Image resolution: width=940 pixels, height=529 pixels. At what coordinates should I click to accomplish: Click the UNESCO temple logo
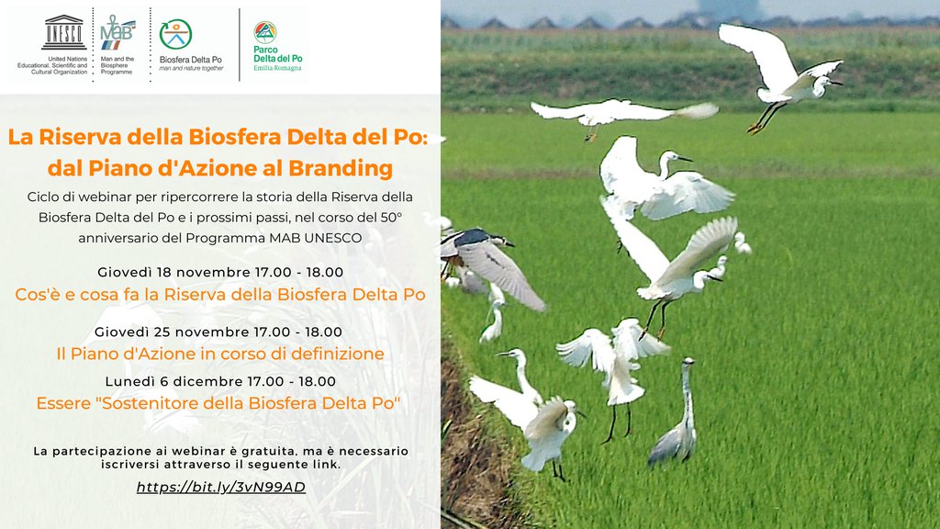tap(63, 32)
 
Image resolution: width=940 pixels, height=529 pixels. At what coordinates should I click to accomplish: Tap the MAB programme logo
tap(117, 32)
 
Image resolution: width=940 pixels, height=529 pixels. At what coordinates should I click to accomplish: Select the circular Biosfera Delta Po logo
tap(175, 34)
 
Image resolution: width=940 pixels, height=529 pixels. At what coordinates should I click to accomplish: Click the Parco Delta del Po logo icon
tap(264, 32)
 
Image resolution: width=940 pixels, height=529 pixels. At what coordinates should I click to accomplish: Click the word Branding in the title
tap(341, 169)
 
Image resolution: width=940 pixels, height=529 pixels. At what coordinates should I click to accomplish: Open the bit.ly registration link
tap(220, 487)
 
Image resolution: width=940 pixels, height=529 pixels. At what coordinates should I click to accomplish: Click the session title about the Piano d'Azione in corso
tap(220, 354)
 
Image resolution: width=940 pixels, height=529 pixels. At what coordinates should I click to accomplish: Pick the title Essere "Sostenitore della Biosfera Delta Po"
tap(218, 403)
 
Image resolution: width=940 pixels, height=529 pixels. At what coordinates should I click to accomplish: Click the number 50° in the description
tap(391, 217)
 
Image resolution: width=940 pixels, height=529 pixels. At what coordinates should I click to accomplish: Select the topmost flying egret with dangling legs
tap(779, 75)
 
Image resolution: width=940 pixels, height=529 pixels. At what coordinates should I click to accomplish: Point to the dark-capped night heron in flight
tap(492, 264)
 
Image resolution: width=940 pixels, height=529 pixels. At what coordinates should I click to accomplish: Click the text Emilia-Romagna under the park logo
tap(277, 68)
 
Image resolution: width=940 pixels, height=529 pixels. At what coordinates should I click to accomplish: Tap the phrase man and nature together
tap(191, 68)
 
